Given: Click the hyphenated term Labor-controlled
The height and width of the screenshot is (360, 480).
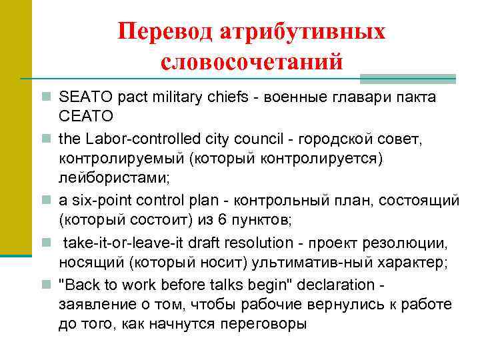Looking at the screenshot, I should pos(127,140).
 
